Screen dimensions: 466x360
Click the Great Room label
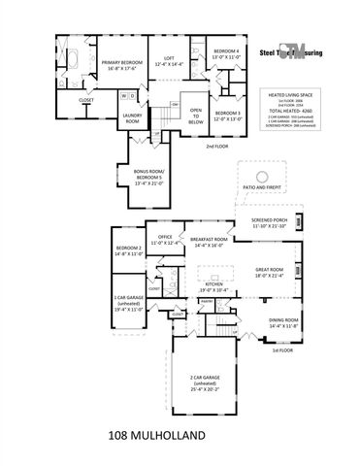(x=269, y=272)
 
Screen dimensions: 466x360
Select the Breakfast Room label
(x=209, y=240)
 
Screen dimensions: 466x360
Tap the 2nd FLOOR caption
(x=217, y=146)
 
